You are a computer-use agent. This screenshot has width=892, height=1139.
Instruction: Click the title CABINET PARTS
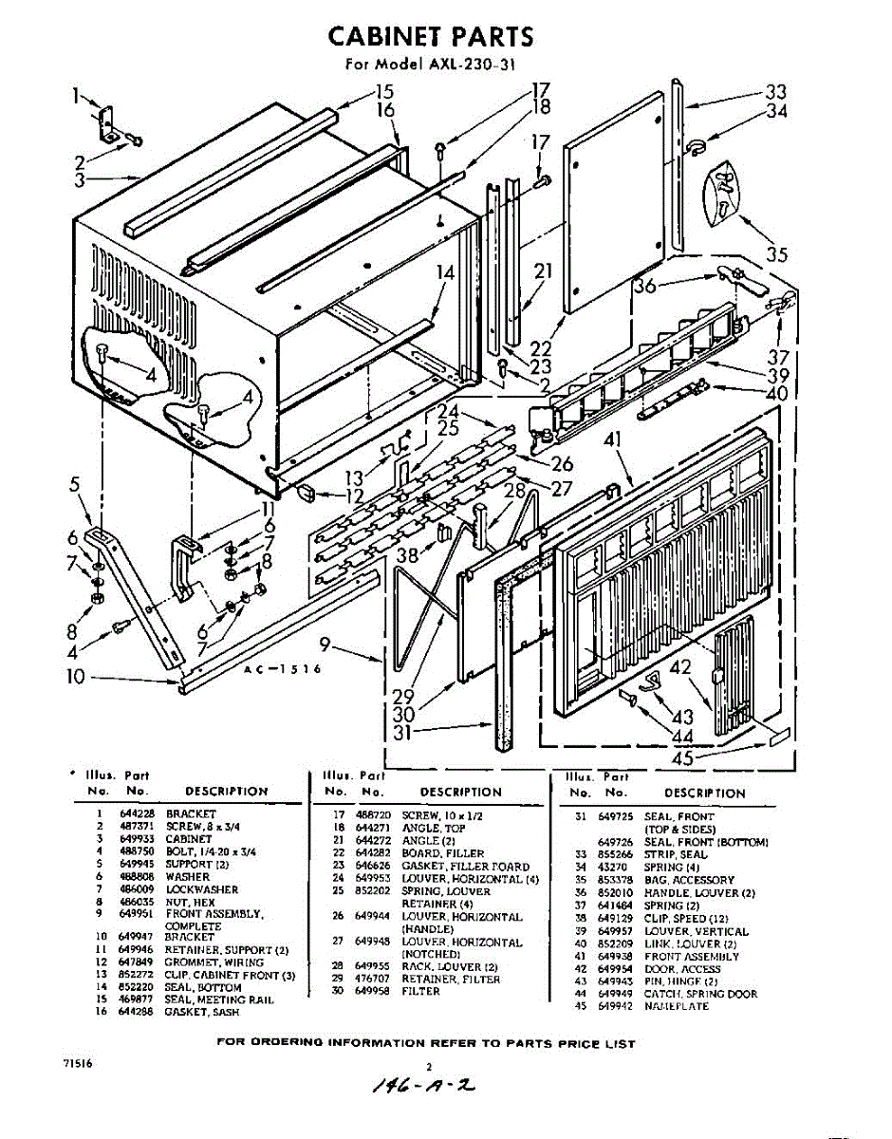tap(430, 37)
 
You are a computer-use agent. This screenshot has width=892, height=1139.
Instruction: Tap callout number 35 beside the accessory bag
tap(777, 254)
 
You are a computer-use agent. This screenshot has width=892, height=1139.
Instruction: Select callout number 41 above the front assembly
tap(611, 441)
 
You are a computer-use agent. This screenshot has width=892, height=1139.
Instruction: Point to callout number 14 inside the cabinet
tap(446, 272)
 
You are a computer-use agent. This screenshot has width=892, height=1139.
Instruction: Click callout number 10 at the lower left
tap(76, 677)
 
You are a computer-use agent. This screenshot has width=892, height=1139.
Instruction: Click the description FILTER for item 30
tap(420, 991)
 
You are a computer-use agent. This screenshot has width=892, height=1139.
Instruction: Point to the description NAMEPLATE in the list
tap(677, 1006)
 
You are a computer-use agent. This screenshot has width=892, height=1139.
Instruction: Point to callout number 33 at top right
tap(776, 92)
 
